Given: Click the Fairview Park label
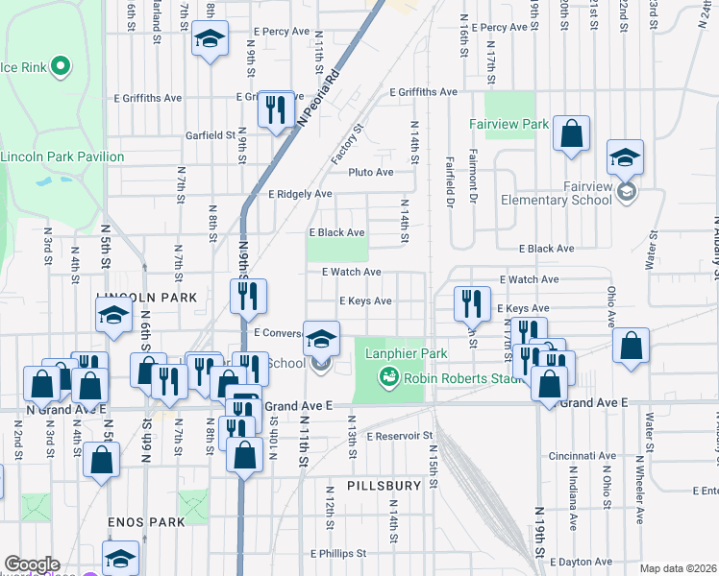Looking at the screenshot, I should (x=508, y=124).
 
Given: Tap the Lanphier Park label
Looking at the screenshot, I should (x=407, y=353).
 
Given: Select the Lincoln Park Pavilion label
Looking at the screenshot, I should (x=62, y=156).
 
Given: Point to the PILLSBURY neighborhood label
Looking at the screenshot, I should (x=384, y=486).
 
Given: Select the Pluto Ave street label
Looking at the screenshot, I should (x=371, y=173).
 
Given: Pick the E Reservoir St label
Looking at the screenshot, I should (x=400, y=436).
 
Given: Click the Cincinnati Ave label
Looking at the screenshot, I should (x=583, y=456).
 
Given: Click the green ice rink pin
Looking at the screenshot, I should (x=60, y=66).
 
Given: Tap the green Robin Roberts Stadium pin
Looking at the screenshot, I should (x=389, y=377).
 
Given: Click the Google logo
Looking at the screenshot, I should (x=32, y=564).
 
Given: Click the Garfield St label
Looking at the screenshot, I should (x=211, y=135).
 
